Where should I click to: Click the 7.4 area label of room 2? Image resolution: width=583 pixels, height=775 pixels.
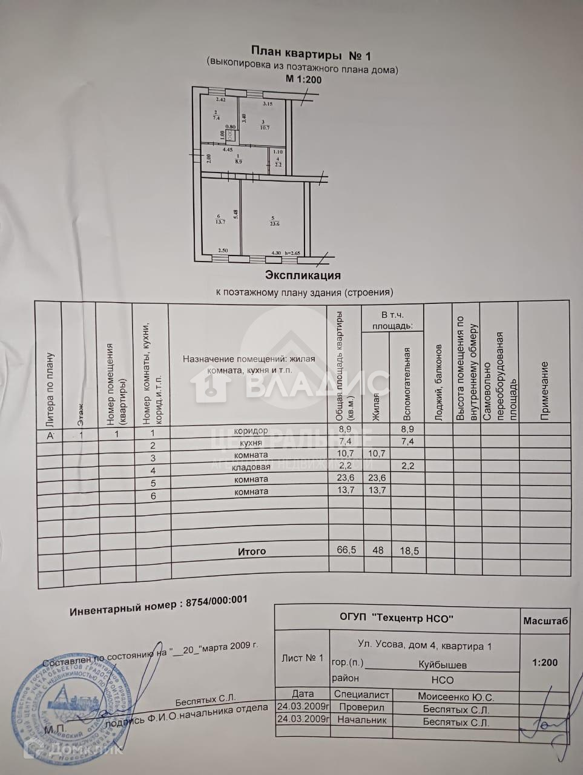(216, 119)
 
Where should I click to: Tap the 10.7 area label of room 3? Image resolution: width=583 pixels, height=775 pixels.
(264, 127)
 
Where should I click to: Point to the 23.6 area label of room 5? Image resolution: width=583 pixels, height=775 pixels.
(274, 223)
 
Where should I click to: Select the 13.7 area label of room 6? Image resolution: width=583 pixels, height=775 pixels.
(219, 221)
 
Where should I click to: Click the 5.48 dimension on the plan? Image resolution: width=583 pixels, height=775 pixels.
(235, 214)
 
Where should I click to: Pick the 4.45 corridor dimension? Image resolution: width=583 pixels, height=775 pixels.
(228, 149)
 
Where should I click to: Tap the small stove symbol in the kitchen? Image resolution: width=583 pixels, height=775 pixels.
(230, 136)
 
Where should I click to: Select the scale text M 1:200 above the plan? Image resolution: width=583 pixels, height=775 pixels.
(303, 79)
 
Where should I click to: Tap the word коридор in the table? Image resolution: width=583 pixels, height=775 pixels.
(252, 430)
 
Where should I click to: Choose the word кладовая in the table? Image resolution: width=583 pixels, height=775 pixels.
(251, 467)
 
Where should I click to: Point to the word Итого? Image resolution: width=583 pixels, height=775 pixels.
(251, 552)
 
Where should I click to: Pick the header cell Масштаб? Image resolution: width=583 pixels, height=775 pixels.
(545, 621)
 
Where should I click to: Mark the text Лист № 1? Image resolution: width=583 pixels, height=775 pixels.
(303, 658)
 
